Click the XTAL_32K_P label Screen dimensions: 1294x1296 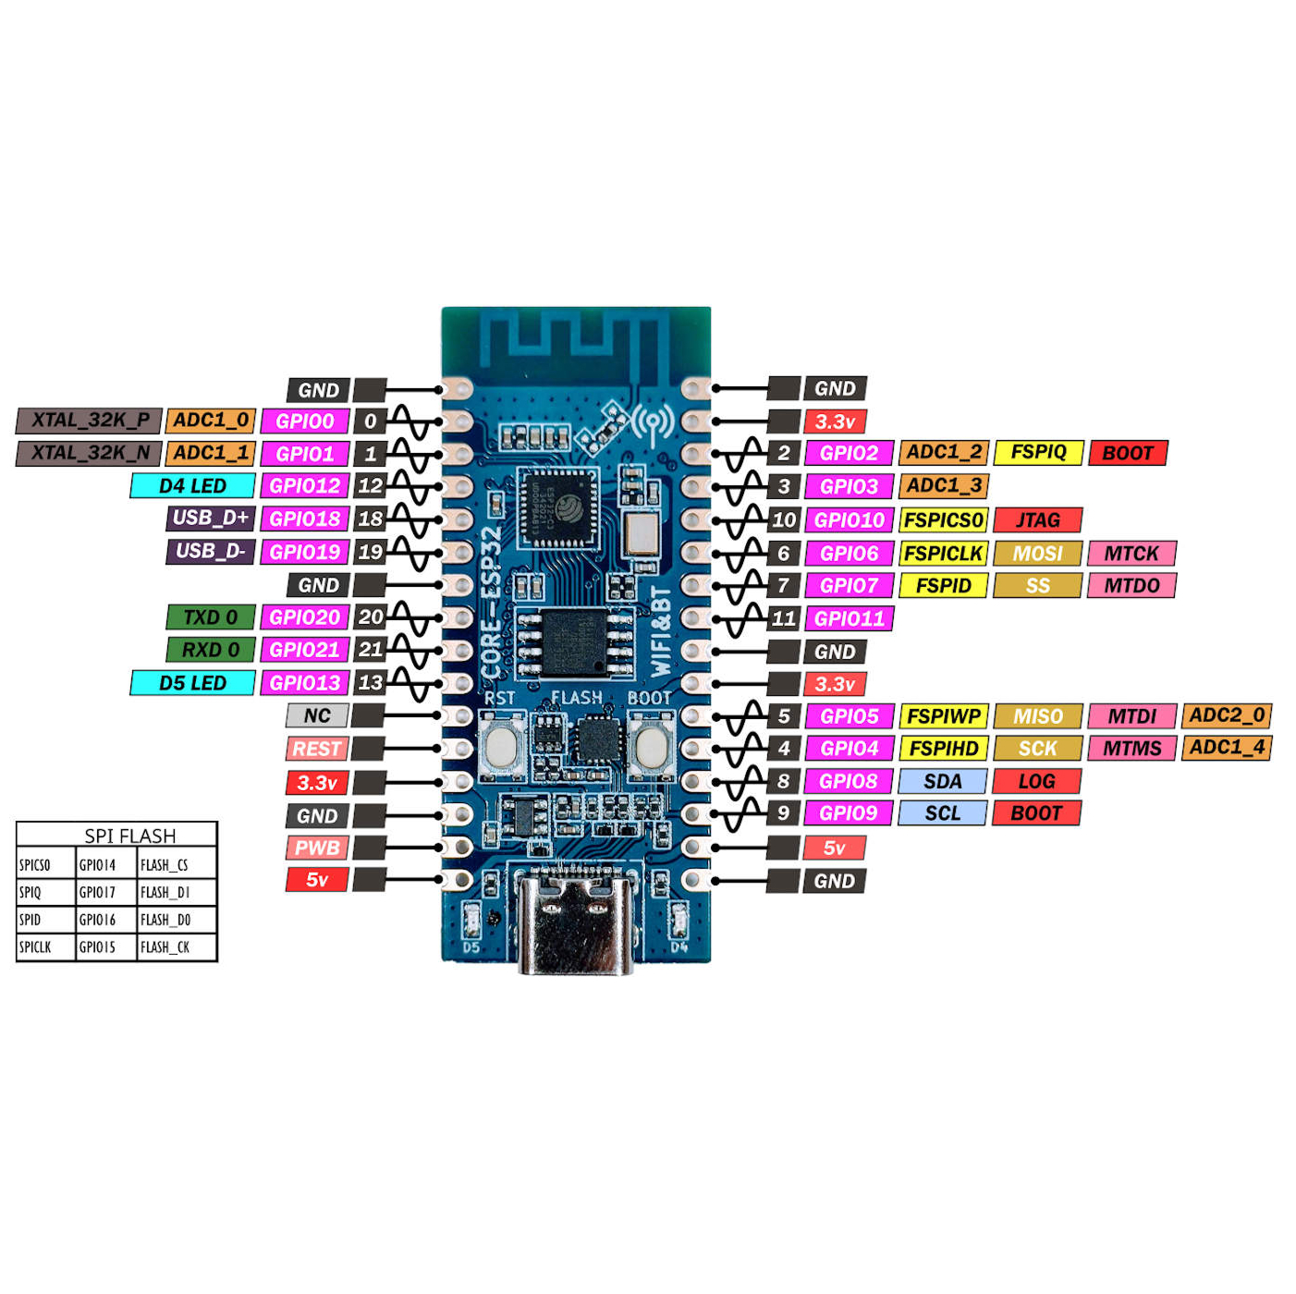(90, 421)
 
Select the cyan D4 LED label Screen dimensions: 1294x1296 (192, 486)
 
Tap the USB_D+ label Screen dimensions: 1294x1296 (210, 519)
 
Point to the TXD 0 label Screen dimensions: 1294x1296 (210, 617)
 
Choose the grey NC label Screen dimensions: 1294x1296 (316, 716)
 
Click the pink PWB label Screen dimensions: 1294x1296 (316, 848)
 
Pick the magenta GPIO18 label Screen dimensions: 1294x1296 (304, 519)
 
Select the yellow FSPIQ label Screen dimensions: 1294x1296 (1038, 453)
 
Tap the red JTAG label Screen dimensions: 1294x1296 (1037, 520)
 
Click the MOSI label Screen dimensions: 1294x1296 (1037, 554)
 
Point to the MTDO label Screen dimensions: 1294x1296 (1131, 586)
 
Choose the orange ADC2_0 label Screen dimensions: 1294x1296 (1227, 715)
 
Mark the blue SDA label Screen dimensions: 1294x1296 (942, 782)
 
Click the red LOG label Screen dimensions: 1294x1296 (1036, 782)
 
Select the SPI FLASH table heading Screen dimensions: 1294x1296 (129, 836)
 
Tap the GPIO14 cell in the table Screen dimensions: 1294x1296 (98, 865)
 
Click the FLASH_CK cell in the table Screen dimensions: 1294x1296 (165, 947)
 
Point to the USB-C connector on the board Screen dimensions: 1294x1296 (575, 924)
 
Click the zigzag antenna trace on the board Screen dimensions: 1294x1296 (575, 342)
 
